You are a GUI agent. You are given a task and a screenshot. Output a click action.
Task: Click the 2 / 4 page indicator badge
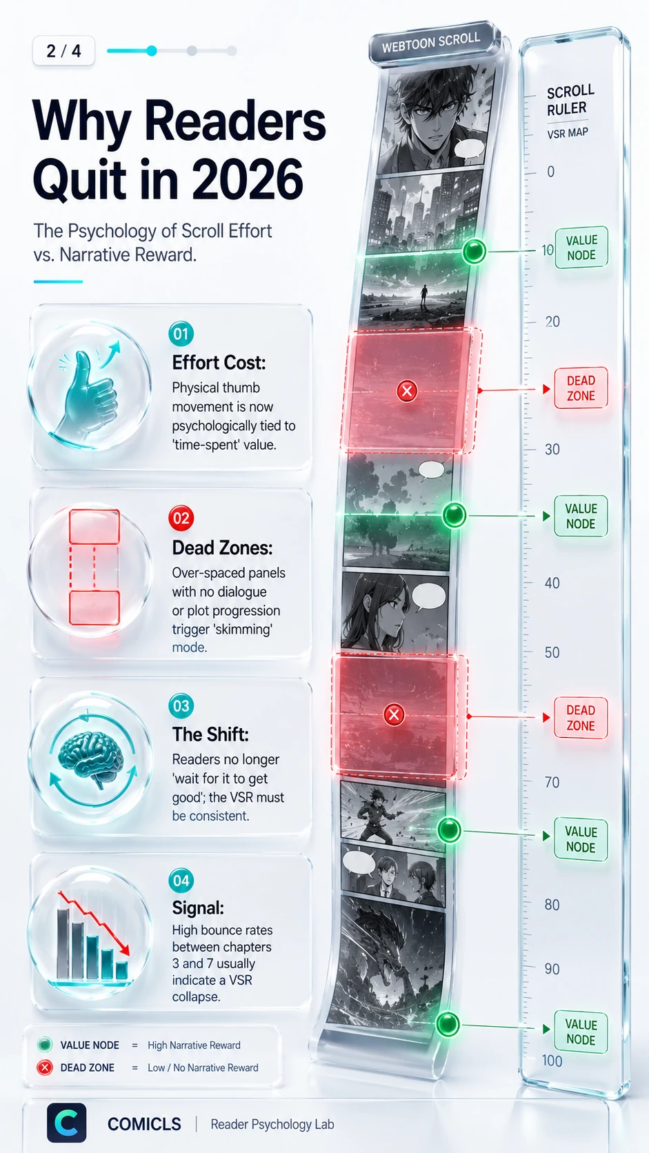point(63,50)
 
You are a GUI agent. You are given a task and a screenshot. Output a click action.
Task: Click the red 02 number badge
point(181,518)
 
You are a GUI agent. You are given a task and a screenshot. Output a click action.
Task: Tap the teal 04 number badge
point(181,880)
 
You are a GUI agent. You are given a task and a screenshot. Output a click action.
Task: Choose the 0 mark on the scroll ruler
point(550,172)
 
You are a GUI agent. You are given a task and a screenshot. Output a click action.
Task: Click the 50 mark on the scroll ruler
point(552,652)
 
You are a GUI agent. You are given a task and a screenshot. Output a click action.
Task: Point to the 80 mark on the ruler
point(552,904)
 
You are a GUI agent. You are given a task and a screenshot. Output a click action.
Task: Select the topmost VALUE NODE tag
point(581,248)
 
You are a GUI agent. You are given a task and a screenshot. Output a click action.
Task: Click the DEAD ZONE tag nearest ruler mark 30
point(581,388)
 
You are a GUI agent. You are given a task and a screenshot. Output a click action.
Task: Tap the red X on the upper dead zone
point(407,391)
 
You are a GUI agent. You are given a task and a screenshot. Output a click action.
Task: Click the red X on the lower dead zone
point(395,714)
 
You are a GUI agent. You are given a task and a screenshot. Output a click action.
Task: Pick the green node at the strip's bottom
point(447,1023)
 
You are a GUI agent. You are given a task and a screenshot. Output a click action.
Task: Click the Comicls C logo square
point(66,1123)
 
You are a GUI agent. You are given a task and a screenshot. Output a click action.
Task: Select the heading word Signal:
point(198,908)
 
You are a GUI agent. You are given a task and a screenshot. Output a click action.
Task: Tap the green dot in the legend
point(45,1045)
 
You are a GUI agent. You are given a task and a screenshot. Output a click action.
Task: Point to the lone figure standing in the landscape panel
point(423,297)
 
